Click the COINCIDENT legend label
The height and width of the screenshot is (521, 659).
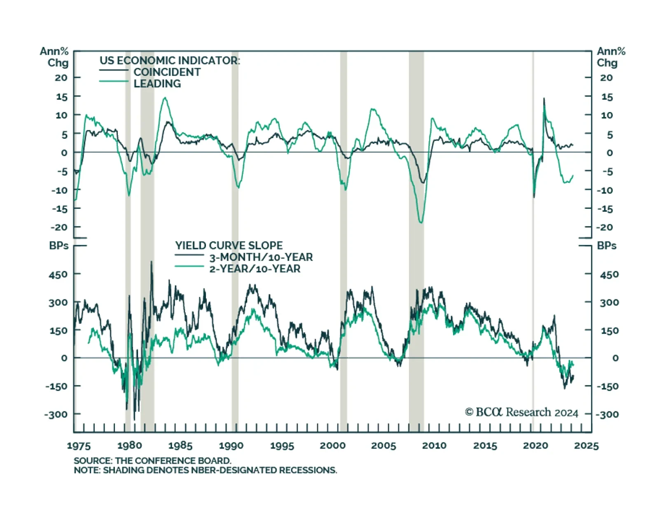167,72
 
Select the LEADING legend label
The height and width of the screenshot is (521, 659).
157,84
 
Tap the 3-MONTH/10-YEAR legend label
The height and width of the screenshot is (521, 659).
261,257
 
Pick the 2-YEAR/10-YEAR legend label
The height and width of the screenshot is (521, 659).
255,269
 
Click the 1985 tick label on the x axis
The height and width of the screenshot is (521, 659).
180,446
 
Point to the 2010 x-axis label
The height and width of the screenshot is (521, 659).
434,446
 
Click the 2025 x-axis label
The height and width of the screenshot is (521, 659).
587,446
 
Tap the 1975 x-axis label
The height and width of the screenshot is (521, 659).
79,446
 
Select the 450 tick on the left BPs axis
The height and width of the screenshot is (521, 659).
58,274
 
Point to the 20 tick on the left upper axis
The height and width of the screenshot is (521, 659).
61,77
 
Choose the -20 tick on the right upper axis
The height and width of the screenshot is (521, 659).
605,227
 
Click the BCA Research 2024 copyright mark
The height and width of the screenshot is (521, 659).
521,412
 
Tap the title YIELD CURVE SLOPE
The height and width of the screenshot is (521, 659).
229,245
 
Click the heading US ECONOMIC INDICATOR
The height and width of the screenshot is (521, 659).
169,61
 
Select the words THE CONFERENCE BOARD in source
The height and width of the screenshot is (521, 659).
173,460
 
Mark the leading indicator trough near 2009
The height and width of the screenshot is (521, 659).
421,223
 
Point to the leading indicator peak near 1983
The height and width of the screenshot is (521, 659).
165,98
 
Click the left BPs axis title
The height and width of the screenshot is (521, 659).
58,245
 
